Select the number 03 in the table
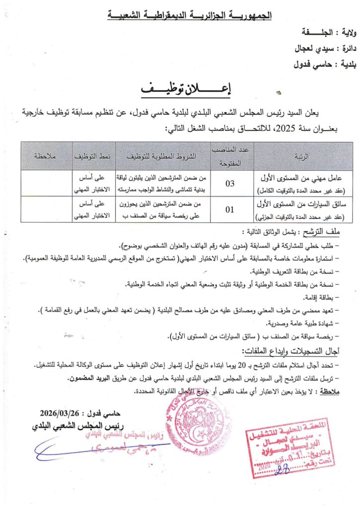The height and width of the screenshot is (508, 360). tap(230, 184)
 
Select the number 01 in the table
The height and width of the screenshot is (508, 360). tap(230, 209)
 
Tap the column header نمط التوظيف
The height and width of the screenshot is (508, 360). tap(94, 156)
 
